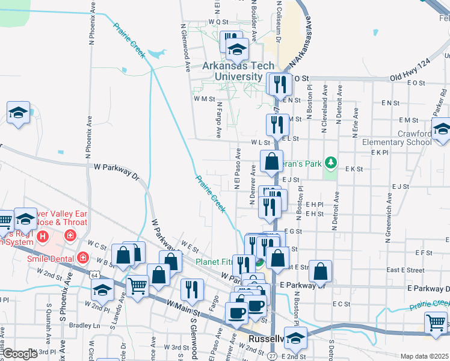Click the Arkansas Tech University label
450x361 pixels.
tap(238, 71)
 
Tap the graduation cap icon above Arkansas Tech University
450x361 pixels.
tap(238, 48)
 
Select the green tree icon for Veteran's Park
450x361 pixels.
tap(330, 162)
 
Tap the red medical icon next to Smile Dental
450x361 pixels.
tap(82, 258)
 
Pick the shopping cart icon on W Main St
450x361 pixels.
tap(138, 286)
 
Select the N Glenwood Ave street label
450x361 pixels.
tap(185, 48)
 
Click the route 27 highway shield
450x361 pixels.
tap(273, 356)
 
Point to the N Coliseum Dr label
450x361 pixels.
tap(279, 21)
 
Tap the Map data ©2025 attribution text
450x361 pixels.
tap(424, 356)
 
